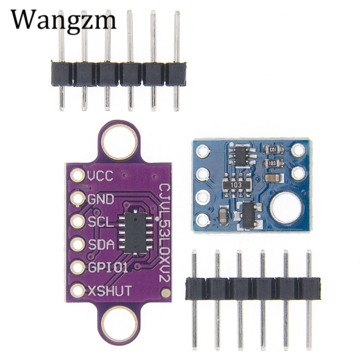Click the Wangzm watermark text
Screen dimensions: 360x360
pos(63,20)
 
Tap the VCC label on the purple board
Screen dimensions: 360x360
pos(100,175)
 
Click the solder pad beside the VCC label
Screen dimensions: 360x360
pos(78,175)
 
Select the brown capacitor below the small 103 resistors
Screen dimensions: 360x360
pos(272,178)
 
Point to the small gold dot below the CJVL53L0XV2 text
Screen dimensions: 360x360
pos(166,293)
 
